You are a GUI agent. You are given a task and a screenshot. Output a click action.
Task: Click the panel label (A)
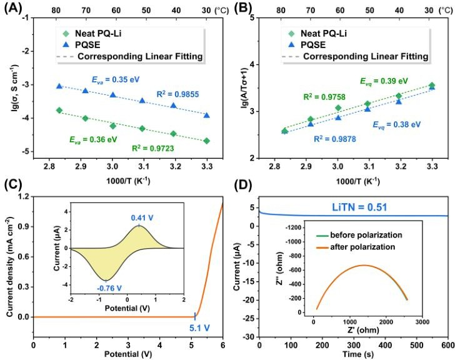coord(13,8)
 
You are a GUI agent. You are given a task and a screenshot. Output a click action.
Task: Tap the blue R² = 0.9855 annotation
coord(177,94)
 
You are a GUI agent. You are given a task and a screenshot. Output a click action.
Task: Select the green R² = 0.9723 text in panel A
coord(153,148)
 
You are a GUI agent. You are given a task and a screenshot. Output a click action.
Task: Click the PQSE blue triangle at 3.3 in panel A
coord(207,116)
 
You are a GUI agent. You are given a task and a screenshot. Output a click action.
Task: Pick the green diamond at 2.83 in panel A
coord(59,110)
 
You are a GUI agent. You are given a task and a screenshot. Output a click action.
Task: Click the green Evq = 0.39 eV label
coord(384,81)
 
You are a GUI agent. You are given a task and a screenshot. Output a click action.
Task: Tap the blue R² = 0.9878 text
coord(335,139)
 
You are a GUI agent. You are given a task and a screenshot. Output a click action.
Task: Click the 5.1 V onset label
coord(199,328)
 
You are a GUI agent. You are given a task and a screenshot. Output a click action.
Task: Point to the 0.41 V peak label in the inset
coord(142,217)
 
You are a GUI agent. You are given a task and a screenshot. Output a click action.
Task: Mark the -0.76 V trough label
coord(109,288)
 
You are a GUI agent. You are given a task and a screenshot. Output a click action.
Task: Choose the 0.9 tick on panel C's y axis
coord(24,226)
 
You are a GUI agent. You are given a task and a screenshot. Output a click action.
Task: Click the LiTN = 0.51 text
coord(359,207)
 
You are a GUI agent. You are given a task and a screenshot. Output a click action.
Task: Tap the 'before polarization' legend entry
coord(359,235)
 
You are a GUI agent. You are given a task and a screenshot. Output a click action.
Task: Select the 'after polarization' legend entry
coord(356,247)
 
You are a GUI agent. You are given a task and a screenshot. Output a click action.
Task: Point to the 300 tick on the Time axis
coord(354,345)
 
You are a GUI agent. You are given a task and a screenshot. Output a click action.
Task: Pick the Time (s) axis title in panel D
coord(358,354)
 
